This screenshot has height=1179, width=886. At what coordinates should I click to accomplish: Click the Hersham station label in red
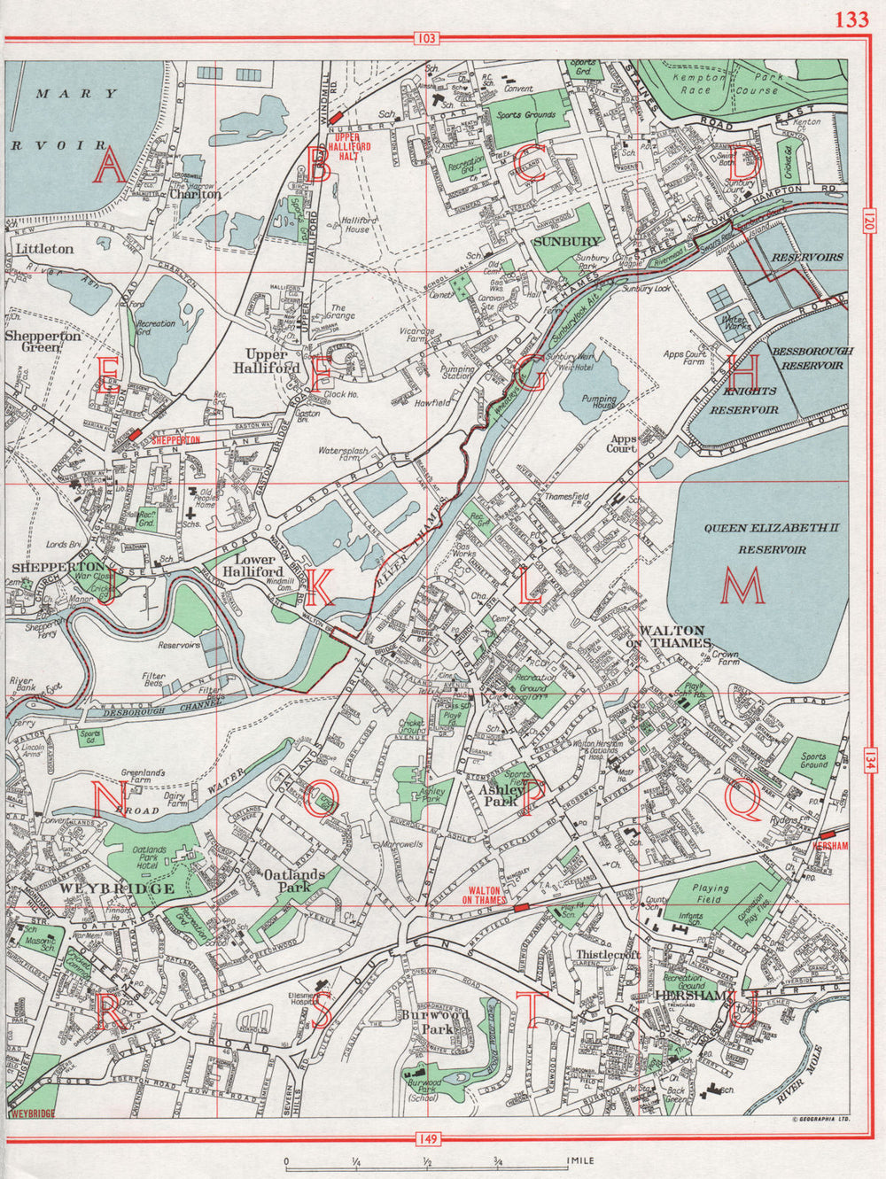830,846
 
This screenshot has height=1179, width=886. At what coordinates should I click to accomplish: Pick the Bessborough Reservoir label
812,357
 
